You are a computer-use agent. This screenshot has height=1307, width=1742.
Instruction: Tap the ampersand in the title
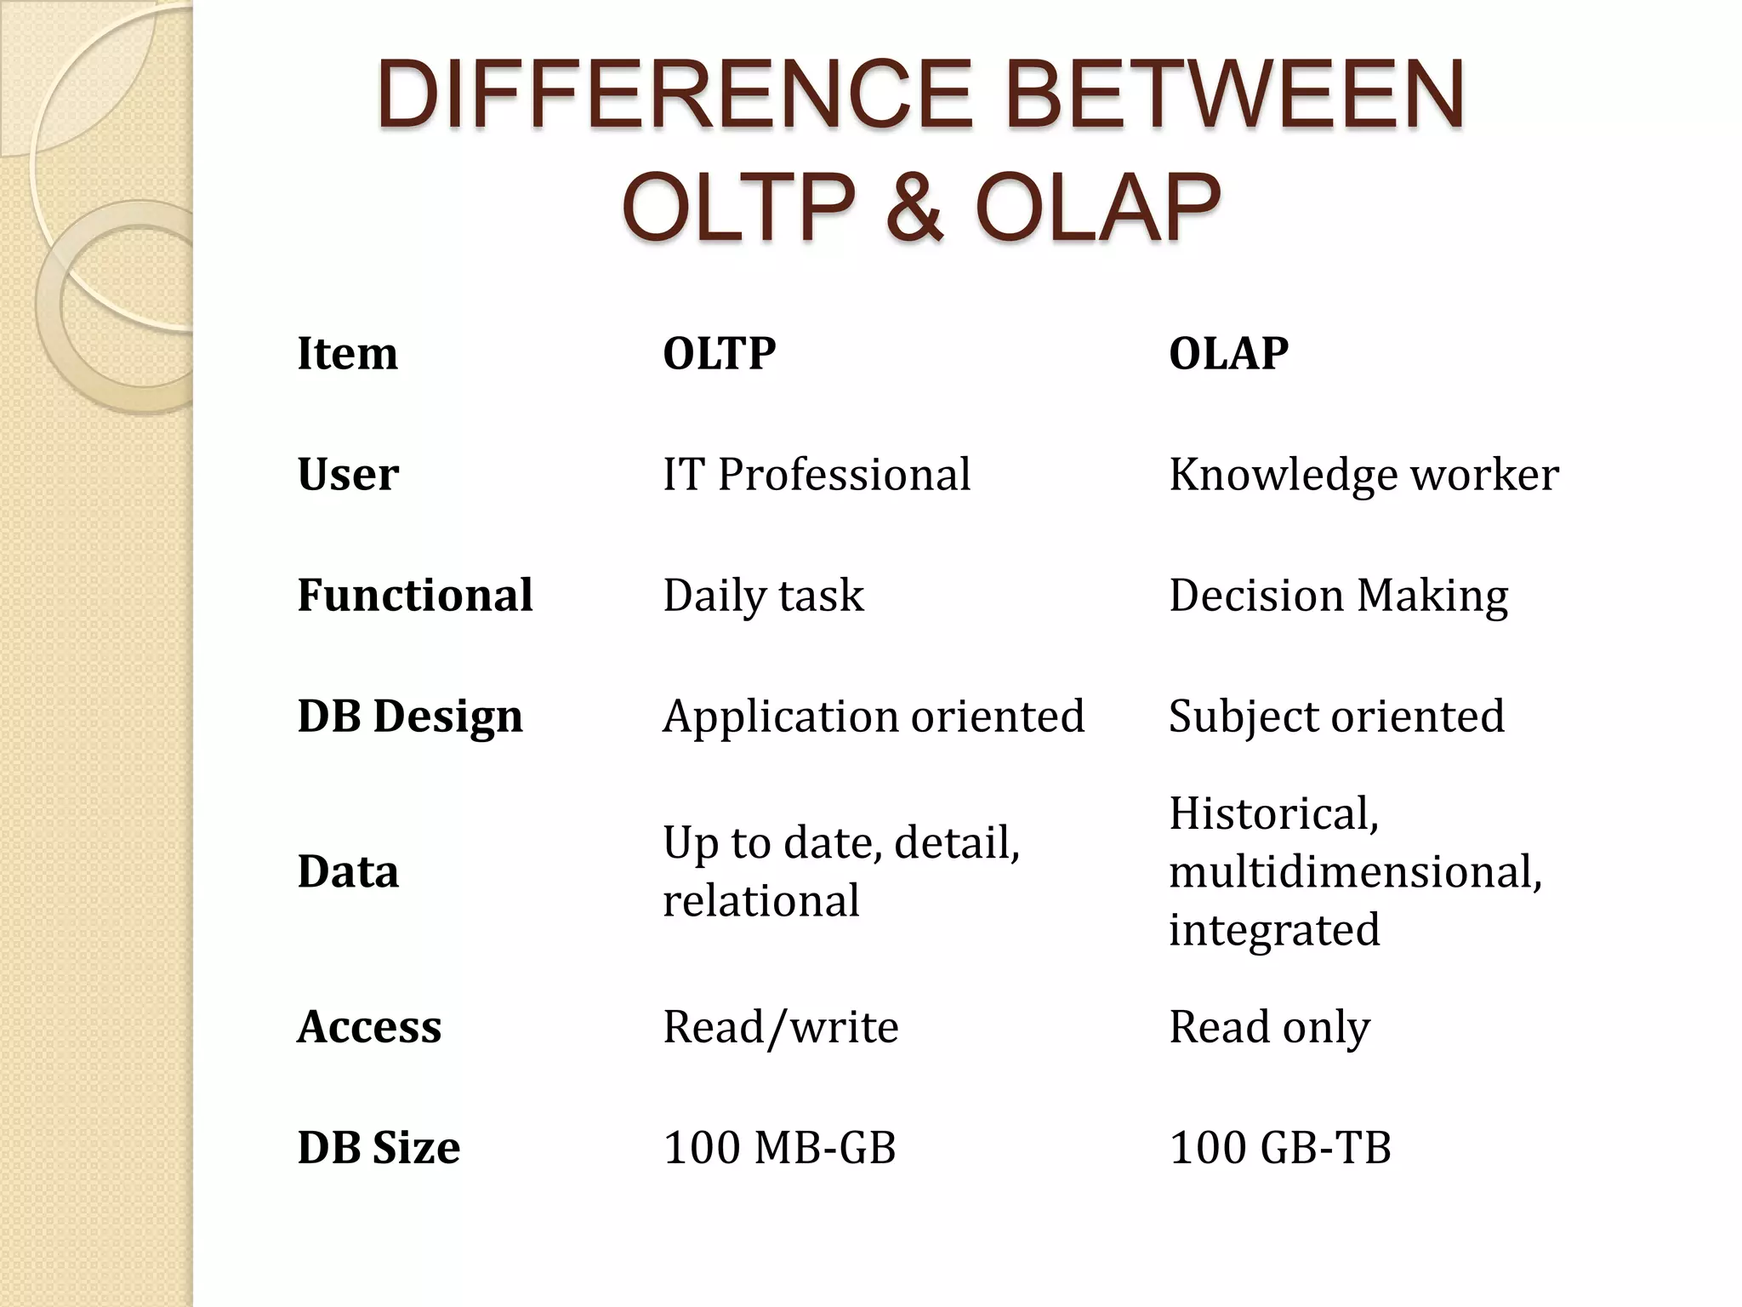(914, 207)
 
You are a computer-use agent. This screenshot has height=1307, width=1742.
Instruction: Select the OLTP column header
(719, 353)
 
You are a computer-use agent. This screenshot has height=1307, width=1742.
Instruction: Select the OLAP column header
(1228, 353)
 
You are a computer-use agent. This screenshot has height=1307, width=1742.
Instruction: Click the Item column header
(347, 353)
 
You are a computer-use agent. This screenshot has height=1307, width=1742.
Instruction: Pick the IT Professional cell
(816, 474)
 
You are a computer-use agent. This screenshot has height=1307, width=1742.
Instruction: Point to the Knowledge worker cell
(1363, 474)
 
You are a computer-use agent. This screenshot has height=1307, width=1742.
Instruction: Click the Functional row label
(414, 595)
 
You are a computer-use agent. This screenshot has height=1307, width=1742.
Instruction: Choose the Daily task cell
(763, 595)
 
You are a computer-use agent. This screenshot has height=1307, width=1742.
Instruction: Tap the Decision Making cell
(1338, 595)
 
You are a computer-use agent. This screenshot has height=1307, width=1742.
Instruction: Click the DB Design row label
(409, 716)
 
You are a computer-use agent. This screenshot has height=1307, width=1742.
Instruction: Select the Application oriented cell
(873, 716)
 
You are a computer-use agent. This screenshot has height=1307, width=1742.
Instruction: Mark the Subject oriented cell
(1335, 716)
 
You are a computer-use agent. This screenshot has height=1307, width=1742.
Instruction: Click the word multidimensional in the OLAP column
(1354, 871)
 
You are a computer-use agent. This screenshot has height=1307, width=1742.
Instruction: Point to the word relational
(760, 900)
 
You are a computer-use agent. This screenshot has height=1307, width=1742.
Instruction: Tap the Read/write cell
(780, 1026)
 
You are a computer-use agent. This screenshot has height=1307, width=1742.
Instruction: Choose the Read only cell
(1269, 1026)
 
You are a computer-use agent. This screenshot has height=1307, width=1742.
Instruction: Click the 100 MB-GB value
(779, 1147)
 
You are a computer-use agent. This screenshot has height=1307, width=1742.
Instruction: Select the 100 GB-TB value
(1279, 1147)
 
